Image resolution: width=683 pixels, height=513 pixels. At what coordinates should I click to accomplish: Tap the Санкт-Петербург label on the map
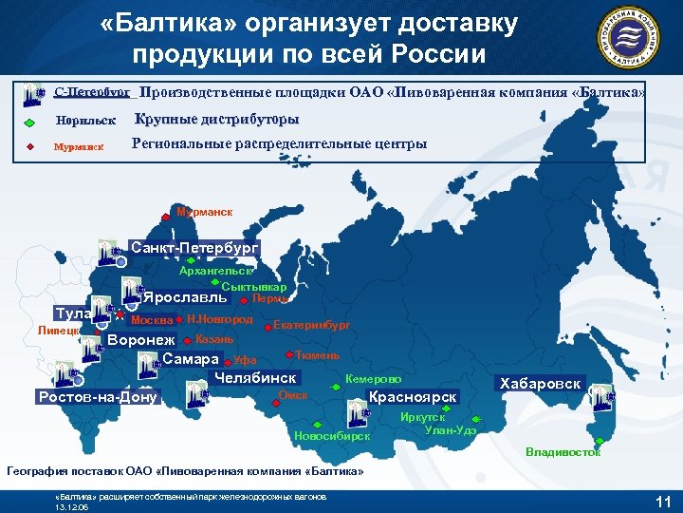pyautogui.click(x=194, y=248)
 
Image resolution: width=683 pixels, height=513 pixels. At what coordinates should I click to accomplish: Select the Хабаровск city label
pyautogui.click(x=542, y=384)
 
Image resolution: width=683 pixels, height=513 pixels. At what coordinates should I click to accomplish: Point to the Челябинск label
pyautogui.click(x=256, y=378)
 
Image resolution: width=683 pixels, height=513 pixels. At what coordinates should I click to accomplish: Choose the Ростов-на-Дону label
pyautogui.click(x=98, y=396)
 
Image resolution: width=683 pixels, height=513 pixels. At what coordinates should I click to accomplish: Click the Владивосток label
pyautogui.click(x=563, y=452)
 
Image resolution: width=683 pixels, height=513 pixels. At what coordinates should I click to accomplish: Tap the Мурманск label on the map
pyautogui.click(x=204, y=212)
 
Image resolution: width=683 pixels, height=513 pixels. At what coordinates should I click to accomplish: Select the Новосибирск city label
pyautogui.click(x=332, y=436)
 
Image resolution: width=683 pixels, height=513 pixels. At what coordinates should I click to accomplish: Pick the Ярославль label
pyautogui.click(x=186, y=295)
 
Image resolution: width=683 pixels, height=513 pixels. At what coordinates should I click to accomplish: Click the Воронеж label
pyautogui.click(x=142, y=340)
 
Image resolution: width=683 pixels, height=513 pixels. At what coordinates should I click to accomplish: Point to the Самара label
pyautogui.click(x=191, y=359)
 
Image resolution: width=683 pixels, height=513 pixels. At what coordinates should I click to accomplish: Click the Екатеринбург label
pyautogui.click(x=311, y=325)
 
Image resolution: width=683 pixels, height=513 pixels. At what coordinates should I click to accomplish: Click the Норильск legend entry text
pyautogui.click(x=85, y=122)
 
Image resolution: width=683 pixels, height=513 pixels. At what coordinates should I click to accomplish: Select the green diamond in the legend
pyautogui.click(x=29, y=123)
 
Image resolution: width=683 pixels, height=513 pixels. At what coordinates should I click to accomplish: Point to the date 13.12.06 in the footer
pyautogui.click(x=73, y=506)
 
